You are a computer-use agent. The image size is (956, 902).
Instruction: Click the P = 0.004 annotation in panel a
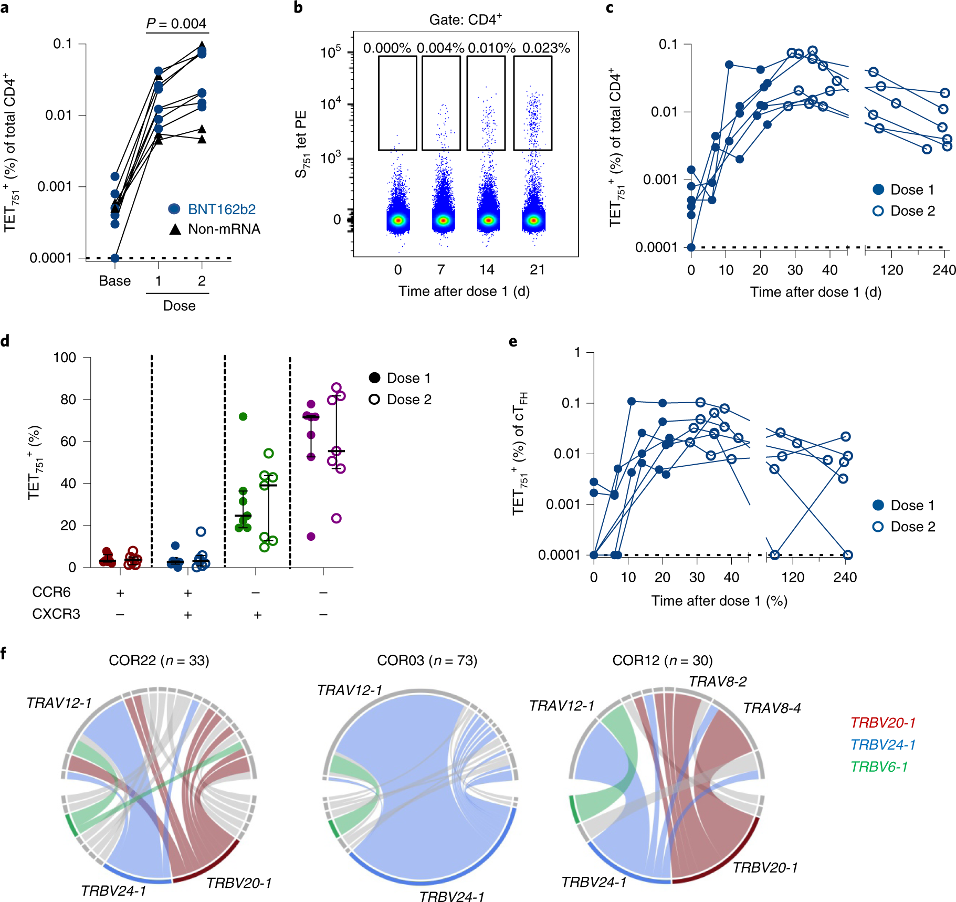point(176,24)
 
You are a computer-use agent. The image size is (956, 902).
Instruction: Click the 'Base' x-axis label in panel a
point(114,281)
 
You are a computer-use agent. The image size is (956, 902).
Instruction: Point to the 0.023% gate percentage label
point(546,48)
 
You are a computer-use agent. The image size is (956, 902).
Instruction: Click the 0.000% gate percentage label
point(387,48)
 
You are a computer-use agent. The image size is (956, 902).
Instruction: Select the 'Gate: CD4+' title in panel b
point(465,20)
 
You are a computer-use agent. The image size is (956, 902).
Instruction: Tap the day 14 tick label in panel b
point(487,270)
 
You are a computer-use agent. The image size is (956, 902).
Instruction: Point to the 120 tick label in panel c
point(891,270)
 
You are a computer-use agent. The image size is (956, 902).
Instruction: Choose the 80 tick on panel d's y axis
point(68,400)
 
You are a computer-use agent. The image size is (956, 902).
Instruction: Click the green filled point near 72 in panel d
point(243,417)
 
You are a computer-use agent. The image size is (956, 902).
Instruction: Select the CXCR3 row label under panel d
point(56,614)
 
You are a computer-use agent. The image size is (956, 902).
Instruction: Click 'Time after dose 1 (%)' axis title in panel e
point(719,601)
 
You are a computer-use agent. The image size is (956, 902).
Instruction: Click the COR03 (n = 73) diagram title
point(427,660)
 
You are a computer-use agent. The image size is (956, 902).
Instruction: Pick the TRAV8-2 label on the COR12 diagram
point(717,681)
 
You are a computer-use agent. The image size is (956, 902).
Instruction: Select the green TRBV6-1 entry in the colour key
point(879,767)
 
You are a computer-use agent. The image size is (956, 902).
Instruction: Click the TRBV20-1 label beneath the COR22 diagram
point(239,883)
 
